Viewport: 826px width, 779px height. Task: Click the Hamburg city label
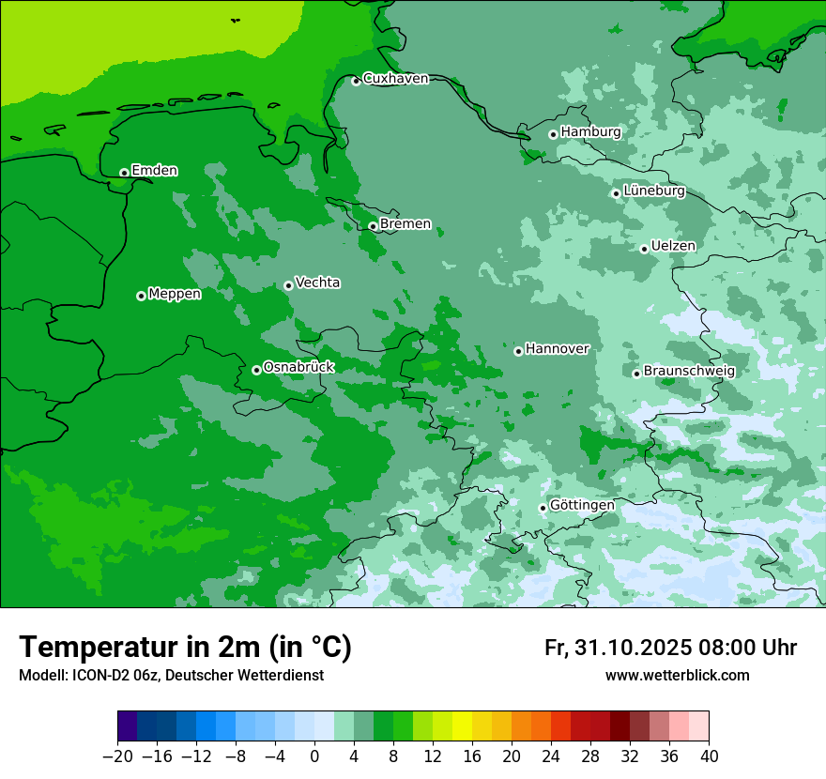coord(590,132)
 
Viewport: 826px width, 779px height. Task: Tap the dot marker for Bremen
coord(373,226)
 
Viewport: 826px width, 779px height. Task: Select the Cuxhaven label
coord(395,79)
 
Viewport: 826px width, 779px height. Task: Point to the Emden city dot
coord(124,173)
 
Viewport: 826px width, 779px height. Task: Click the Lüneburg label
coord(653,191)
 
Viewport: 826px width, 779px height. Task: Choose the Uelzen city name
coord(673,246)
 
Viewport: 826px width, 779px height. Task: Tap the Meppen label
coord(175,294)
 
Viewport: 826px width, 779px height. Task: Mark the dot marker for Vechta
coord(288,285)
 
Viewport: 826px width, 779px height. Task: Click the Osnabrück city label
coord(298,367)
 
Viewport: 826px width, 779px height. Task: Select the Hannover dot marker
coord(518,351)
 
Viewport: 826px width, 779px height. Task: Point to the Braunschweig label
coord(689,371)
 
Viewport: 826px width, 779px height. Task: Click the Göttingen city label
coord(582,505)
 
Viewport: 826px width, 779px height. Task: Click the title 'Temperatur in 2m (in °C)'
coord(185,648)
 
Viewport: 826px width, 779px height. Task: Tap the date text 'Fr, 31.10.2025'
coord(617,648)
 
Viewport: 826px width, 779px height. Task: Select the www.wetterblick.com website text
coord(677,676)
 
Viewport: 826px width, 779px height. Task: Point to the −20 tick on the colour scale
coord(117,756)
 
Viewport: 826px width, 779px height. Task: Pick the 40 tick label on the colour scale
coord(709,756)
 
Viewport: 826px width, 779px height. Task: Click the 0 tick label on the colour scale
coord(314,756)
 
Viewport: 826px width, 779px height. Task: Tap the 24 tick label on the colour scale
coord(551,756)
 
